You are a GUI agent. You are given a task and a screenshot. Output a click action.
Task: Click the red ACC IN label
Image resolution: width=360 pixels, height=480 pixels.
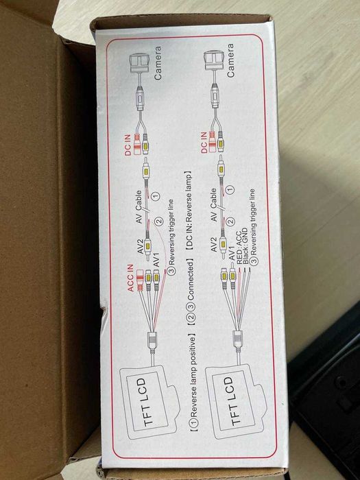131,278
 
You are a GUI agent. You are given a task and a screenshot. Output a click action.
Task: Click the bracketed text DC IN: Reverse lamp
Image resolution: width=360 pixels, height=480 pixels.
190,213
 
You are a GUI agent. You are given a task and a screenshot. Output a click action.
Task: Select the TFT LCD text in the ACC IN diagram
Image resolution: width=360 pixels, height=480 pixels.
147,402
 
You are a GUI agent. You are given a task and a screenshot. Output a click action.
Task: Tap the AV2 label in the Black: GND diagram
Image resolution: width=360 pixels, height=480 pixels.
214,244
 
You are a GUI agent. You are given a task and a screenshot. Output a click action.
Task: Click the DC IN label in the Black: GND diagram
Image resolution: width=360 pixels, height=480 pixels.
204,142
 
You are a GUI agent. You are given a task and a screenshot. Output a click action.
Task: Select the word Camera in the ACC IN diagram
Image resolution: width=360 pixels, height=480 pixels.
158,63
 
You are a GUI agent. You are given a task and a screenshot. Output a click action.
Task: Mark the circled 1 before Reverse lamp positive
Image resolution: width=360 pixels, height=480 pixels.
193,422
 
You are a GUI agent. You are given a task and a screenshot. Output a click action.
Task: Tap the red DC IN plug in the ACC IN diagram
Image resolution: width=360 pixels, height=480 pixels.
137,144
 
